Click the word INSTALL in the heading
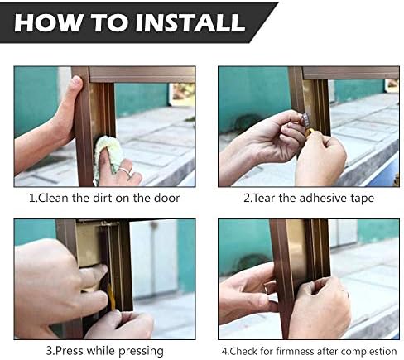[190, 22]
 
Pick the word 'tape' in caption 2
[363, 199]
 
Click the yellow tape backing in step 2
[311, 132]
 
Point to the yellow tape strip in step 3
[111, 296]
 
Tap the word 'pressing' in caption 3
[141, 352]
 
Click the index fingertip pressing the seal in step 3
[101, 269]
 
